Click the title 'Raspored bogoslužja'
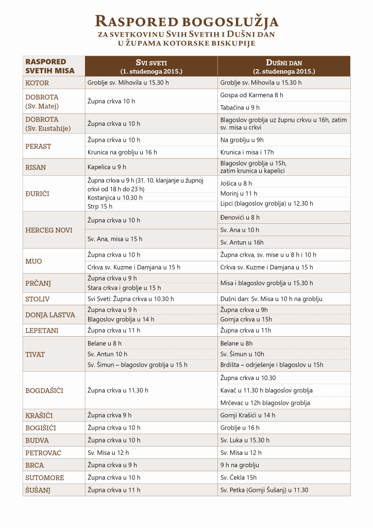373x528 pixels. (186, 22)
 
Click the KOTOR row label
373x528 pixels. (37, 82)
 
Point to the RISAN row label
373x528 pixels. (36, 167)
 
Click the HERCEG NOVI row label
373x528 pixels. (49, 230)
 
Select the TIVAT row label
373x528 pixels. (35, 354)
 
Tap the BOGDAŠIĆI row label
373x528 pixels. (44, 390)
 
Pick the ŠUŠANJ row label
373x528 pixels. (39, 490)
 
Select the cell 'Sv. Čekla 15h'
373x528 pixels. (239, 477)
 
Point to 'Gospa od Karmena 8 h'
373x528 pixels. (251, 95)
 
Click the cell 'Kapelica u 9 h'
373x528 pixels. (107, 167)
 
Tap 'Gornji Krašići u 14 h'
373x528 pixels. (248, 415)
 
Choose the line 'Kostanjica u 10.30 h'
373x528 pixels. (115, 197)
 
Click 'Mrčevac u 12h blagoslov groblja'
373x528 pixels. (265, 403)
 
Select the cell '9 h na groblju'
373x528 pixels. (240, 465)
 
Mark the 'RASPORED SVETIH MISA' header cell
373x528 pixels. (50, 66)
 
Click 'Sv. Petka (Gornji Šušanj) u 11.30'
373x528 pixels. (264, 490)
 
